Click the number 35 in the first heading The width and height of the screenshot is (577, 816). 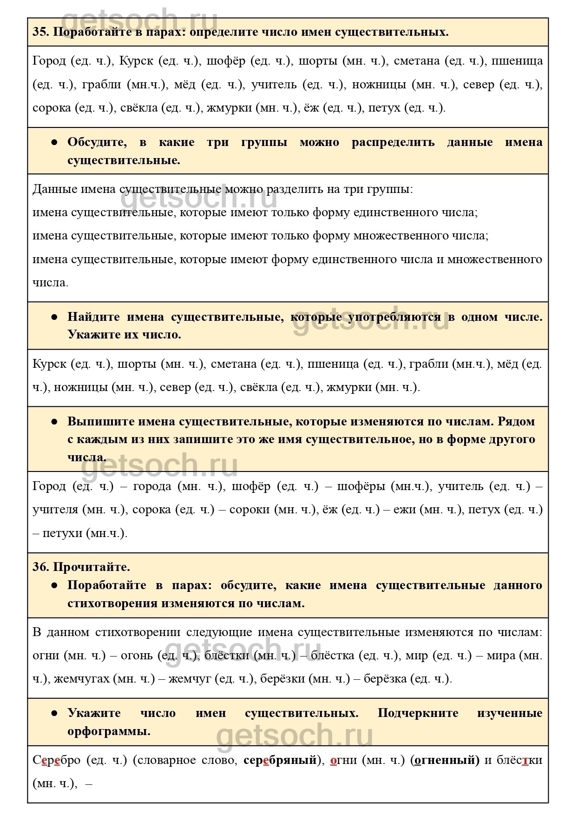click(x=39, y=32)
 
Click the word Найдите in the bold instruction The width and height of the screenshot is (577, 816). click(x=93, y=317)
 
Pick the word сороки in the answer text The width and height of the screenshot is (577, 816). click(x=249, y=510)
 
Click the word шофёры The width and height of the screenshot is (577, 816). click(x=361, y=486)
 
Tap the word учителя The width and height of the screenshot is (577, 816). click(x=55, y=510)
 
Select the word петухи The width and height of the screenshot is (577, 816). click(x=63, y=533)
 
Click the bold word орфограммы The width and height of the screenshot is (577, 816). click(x=109, y=731)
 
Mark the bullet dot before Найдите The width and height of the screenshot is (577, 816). click(x=54, y=317)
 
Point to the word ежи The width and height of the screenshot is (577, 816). click(x=405, y=510)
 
